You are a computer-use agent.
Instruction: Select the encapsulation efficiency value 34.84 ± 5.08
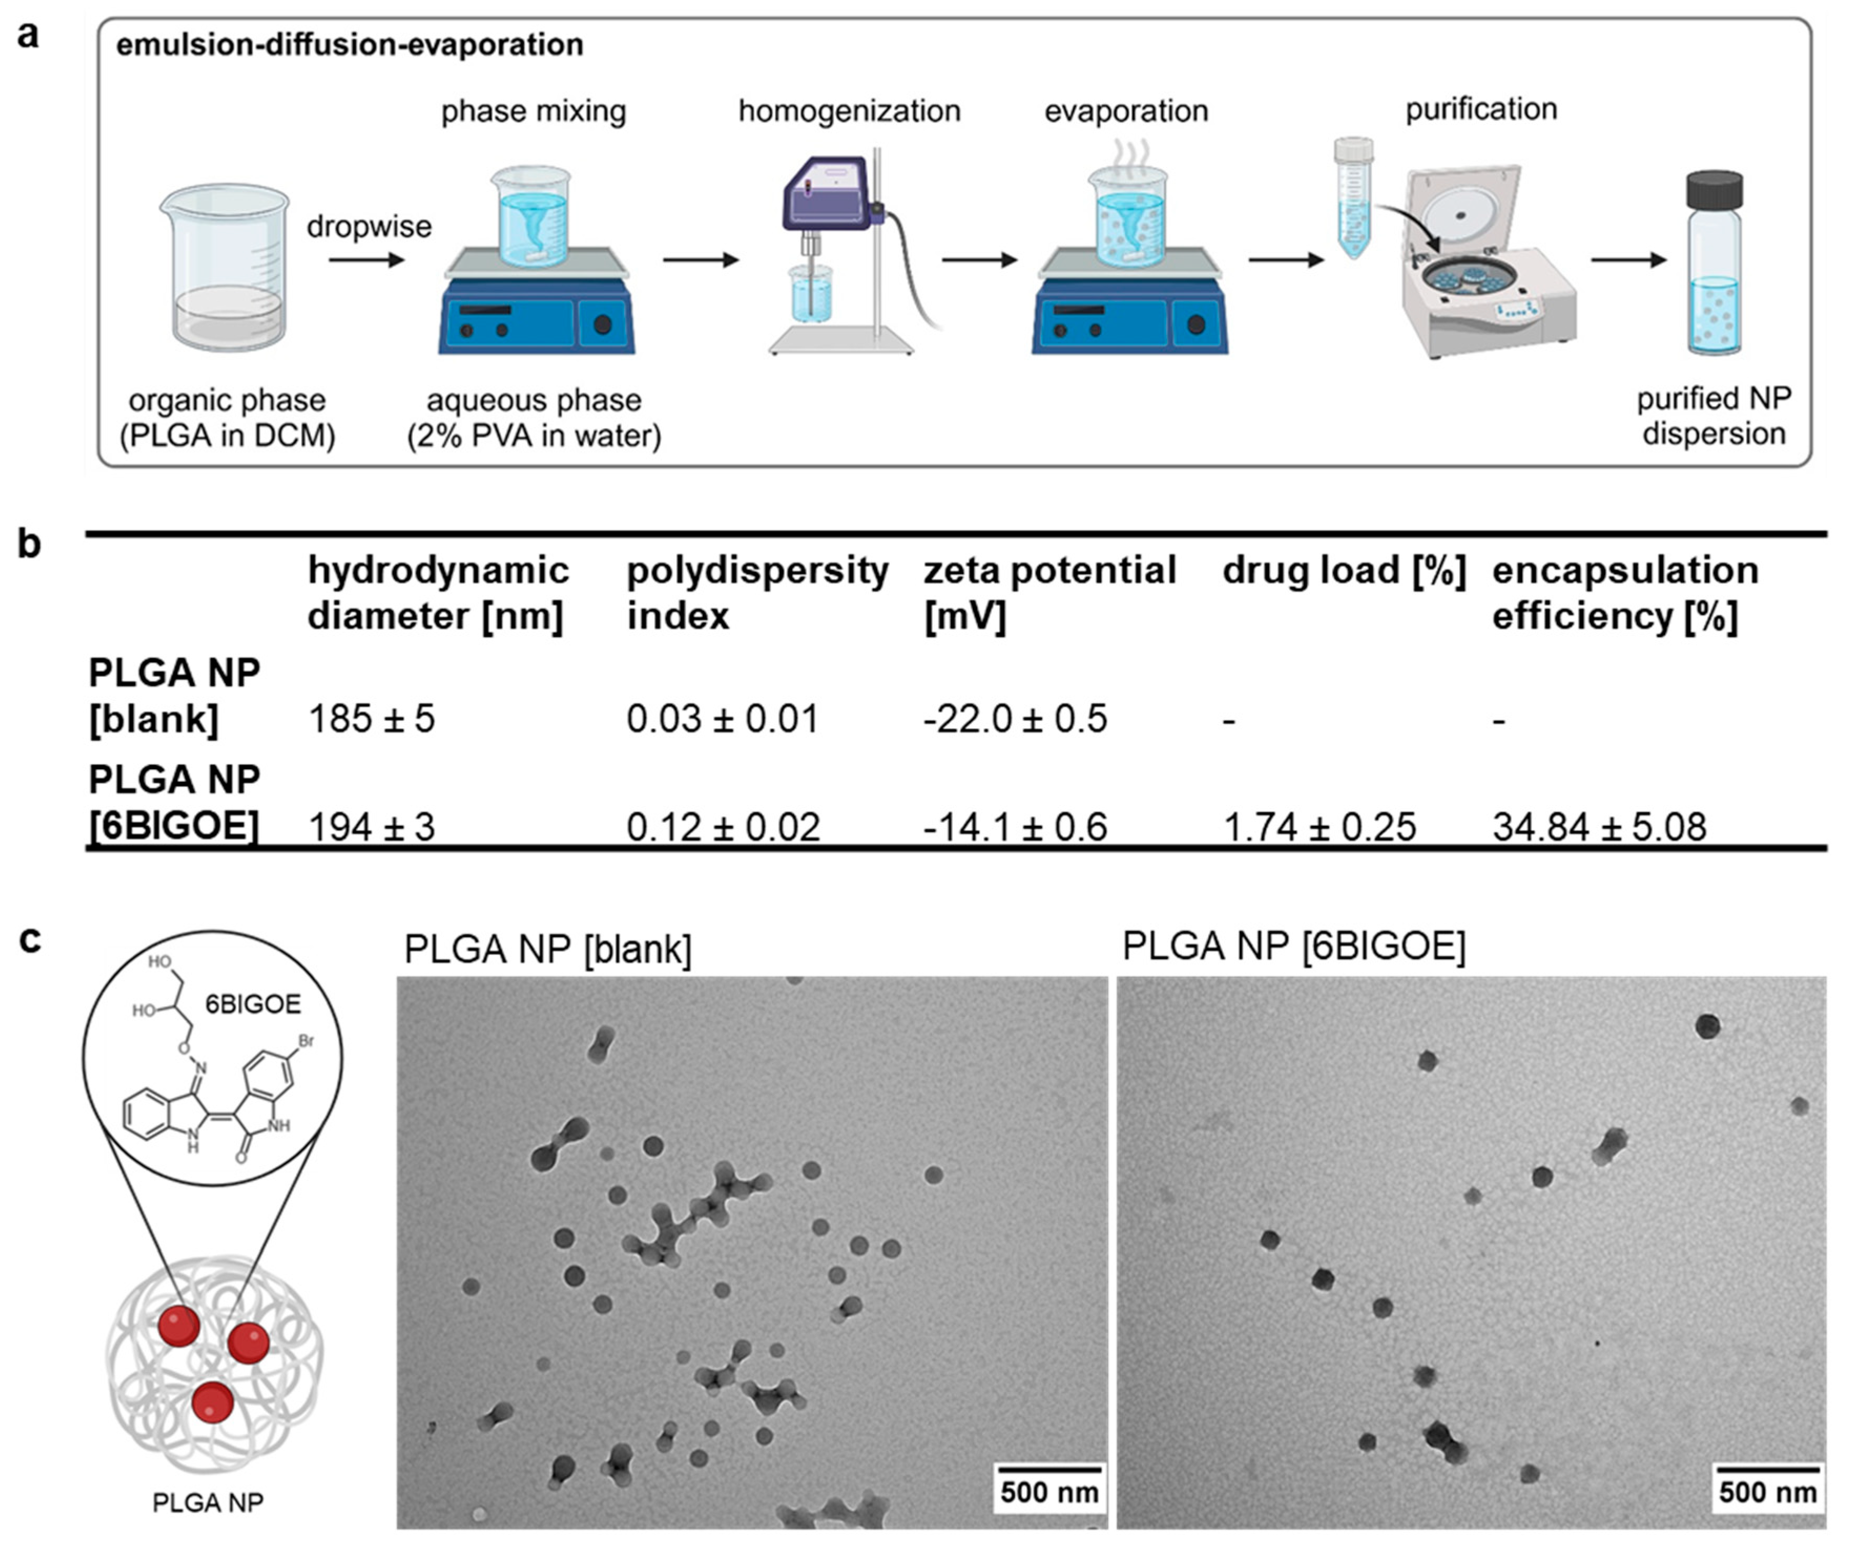click(1599, 827)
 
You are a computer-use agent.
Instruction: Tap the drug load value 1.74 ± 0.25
click(1319, 827)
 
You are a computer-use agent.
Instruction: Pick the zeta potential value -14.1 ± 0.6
click(1015, 827)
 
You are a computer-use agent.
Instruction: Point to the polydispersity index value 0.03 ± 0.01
click(722, 719)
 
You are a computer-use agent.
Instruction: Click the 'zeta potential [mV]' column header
click(1049, 593)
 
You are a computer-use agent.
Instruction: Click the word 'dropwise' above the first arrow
click(369, 227)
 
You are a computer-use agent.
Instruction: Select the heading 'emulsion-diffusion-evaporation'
click(350, 45)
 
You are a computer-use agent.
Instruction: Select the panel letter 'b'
click(29, 543)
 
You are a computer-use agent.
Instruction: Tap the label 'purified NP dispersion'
click(1713, 416)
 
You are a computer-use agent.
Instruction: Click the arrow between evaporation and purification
click(1286, 260)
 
